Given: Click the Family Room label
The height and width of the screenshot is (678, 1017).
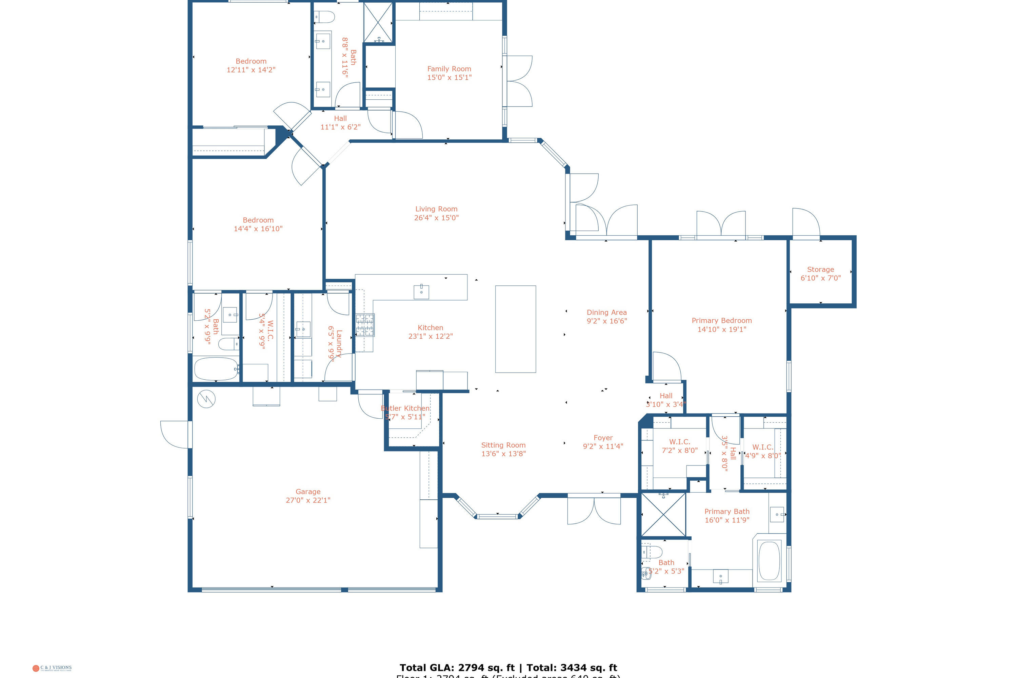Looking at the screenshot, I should click(x=449, y=69).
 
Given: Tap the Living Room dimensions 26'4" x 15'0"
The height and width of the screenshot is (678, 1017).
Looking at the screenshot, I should click(x=436, y=218).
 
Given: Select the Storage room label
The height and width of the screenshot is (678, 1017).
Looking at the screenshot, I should click(x=820, y=270).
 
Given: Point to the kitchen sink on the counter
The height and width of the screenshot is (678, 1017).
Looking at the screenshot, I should click(x=421, y=292).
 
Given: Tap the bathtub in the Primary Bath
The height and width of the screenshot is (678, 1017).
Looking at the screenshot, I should click(x=769, y=560).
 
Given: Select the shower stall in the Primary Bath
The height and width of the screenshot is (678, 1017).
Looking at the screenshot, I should click(x=663, y=515).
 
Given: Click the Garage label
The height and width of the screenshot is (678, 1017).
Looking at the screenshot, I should click(x=308, y=492).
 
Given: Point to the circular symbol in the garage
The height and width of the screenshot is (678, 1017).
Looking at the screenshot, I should click(x=206, y=399).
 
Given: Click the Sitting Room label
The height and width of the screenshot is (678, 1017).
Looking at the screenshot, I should click(x=503, y=445).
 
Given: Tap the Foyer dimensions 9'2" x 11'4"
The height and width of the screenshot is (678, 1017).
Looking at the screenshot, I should click(x=603, y=446).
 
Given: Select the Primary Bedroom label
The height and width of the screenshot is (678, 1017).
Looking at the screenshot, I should click(x=721, y=320).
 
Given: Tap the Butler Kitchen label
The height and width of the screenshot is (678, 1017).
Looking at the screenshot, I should click(x=405, y=408).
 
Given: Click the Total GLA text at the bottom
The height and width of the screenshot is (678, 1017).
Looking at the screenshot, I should click(x=508, y=667).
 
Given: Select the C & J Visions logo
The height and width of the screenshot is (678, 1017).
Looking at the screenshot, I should click(x=52, y=668).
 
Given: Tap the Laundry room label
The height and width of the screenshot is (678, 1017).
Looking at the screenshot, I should click(x=339, y=343).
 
